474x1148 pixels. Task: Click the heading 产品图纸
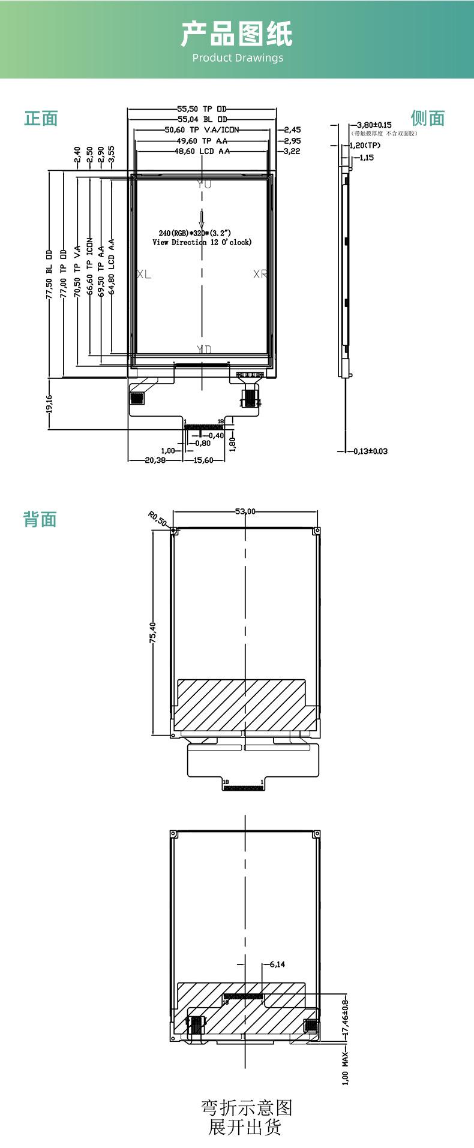point(237,34)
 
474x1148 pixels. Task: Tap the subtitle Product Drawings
point(238,58)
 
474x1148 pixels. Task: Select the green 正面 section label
point(41,118)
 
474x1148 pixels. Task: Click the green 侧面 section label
point(428,118)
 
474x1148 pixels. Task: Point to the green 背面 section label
point(40,519)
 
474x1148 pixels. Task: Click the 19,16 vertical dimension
point(50,403)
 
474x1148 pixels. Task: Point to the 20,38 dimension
point(155,460)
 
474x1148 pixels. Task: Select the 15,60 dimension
point(203,460)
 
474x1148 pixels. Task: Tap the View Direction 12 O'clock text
point(202,242)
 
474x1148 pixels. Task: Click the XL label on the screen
point(144,275)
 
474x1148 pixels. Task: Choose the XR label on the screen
point(260,275)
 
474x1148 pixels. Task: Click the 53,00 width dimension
point(245,511)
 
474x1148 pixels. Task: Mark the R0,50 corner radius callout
point(158,519)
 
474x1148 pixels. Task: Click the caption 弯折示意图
point(246,1107)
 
